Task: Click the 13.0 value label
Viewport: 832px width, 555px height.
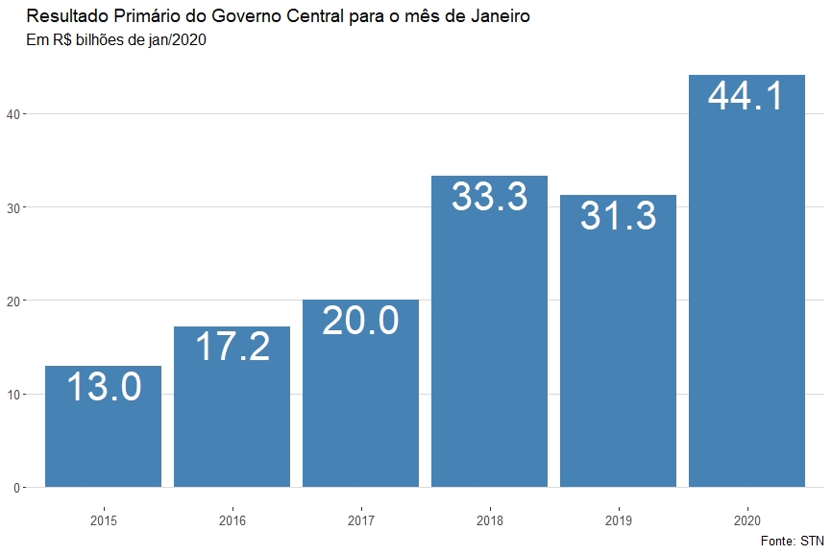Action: point(104,387)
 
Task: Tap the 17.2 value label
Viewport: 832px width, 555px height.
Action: point(232,347)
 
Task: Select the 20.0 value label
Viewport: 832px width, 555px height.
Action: point(360,320)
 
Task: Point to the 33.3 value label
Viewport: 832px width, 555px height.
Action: point(489,197)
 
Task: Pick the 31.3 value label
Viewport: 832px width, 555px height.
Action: point(618,216)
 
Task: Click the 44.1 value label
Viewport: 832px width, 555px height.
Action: point(746,96)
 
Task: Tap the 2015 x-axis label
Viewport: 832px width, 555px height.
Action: point(104,521)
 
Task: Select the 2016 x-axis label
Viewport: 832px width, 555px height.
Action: point(232,521)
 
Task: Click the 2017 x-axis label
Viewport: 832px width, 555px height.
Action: point(360,521)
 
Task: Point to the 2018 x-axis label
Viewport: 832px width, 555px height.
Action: point(489,521)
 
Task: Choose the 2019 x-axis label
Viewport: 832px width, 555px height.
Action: point(618,521)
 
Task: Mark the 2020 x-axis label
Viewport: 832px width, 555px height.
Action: point(746,521)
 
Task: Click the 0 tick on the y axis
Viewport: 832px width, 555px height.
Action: point(16,488)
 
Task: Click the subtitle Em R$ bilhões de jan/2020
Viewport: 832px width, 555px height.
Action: point(116,40)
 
